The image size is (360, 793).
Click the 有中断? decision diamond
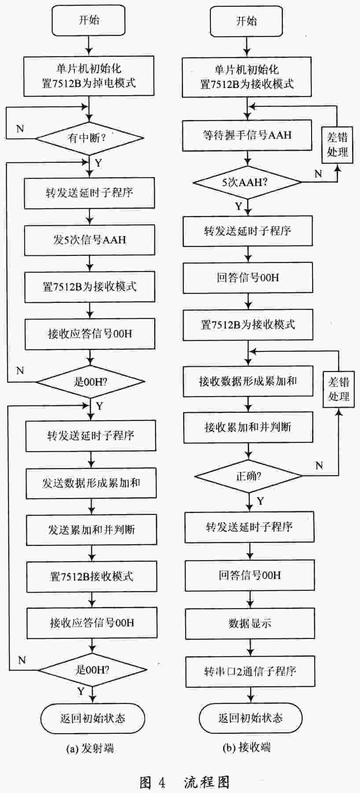[x=89, y=138]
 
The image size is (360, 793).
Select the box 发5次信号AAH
[x=90, y=240]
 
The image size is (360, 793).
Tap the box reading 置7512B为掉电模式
[x=89, y=76]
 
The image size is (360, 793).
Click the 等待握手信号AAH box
[x=247, y=136]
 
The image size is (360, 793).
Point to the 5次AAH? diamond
[x=248, y=182]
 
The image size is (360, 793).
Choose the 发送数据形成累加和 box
[x=91, y=483]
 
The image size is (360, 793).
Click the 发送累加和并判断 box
[x=92, y=530]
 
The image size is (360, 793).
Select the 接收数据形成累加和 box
[x=248, y=381]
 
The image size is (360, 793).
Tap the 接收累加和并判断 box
[x=248, y=427]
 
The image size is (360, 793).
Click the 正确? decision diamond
[x=249, y=476]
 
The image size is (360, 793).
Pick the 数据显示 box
[x=250, y=623]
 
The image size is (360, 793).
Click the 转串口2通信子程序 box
[x=250, y=671]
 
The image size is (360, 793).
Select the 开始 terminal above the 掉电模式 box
[x=89, y=20]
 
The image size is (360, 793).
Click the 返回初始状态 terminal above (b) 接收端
[x=250, y=718]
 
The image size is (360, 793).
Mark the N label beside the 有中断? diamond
[x=20, y=129]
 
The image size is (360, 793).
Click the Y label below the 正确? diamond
[x=261, y=501]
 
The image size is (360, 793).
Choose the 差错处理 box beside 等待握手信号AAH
[x=338, y=145]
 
